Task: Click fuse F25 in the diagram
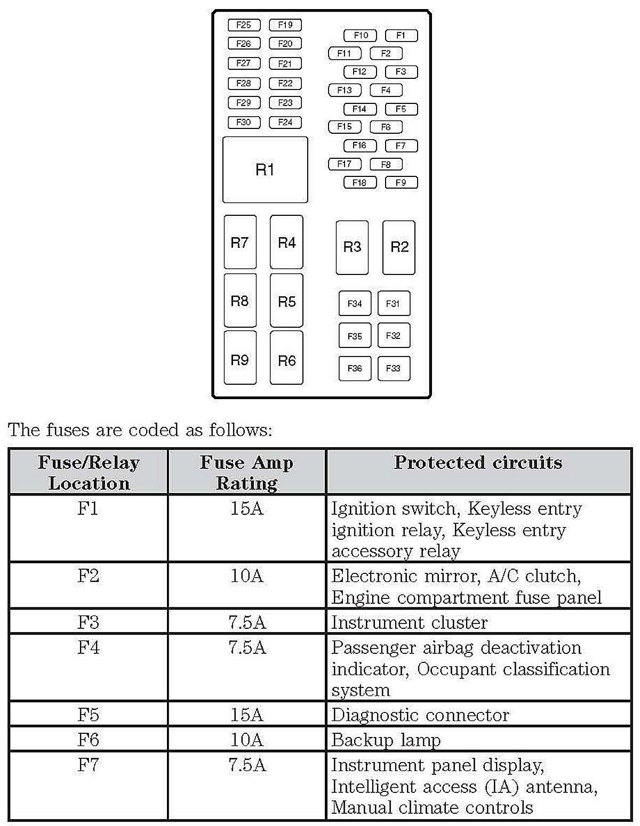tap(244, 25)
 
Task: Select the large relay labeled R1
tap(265, 170)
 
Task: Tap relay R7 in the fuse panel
tap(240, 242)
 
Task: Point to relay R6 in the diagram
tap(286, 361)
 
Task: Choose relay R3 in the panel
tap(352, 247)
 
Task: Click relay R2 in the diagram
tap(399, 247)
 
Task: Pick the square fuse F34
tap(355, 304)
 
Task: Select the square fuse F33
tap(394, 368)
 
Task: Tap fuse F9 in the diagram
tap(401, 182)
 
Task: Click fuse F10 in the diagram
tap(361, 36)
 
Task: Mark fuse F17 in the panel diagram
tap(345, 164)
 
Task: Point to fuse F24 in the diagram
tap(285, 122)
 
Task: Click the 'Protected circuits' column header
tap(478, 463)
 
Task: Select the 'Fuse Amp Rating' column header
tap(247, 472)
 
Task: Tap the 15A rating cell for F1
tap(247, 508)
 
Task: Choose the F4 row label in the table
tap(89, 647)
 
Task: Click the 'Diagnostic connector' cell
tap(420, 715)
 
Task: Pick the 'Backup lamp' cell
tap(386, 740)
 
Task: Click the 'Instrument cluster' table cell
tap(409, 622)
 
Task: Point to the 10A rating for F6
tap(247, 740)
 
